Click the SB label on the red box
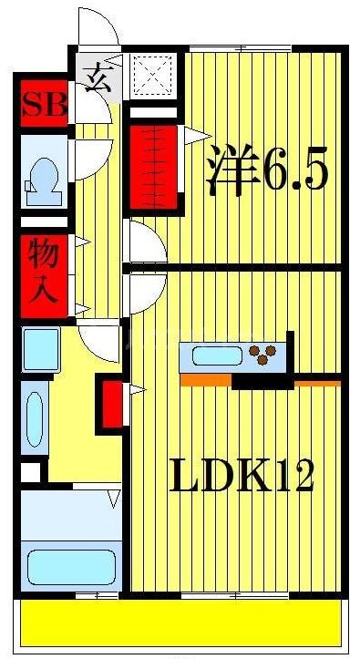[45, 105]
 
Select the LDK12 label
[241, 474]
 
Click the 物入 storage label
[44, 270]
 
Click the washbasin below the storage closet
[41, 348]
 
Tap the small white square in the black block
[32, 474]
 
